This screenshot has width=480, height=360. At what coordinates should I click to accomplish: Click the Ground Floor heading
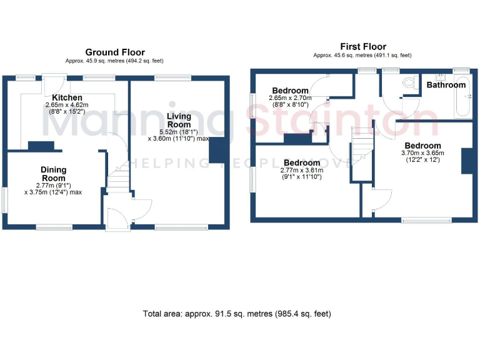pyautogui.click(x=115, y=52)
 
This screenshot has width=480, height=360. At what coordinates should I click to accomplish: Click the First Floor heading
pyautogui.click(x=362, y=46)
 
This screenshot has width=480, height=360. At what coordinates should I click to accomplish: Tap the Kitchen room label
pyautogui.click(x=67, y=97)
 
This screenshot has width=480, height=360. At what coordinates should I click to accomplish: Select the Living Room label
pyautogui.click(x=179, y=120)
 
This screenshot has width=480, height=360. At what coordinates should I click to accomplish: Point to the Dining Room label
pyautogui.click(x=53, y=174)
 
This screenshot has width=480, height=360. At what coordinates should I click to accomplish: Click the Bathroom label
pyautogui.click(x=446, y=85)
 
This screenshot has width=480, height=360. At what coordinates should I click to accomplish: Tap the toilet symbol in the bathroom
pyautogui.click(x=409, y=82)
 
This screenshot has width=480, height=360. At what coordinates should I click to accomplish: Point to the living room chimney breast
pyautogui.click(x=218, y=151)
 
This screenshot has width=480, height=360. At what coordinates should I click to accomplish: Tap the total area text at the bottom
pyautogui.click(x=237, y=313)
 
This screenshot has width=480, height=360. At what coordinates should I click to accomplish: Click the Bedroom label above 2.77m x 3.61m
pyautogui.click(x=302, y=162)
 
